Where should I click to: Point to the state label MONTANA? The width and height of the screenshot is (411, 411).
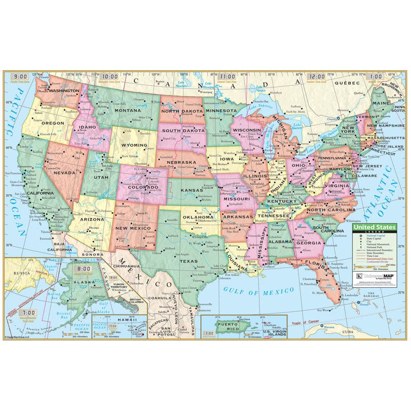point(127,110)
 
